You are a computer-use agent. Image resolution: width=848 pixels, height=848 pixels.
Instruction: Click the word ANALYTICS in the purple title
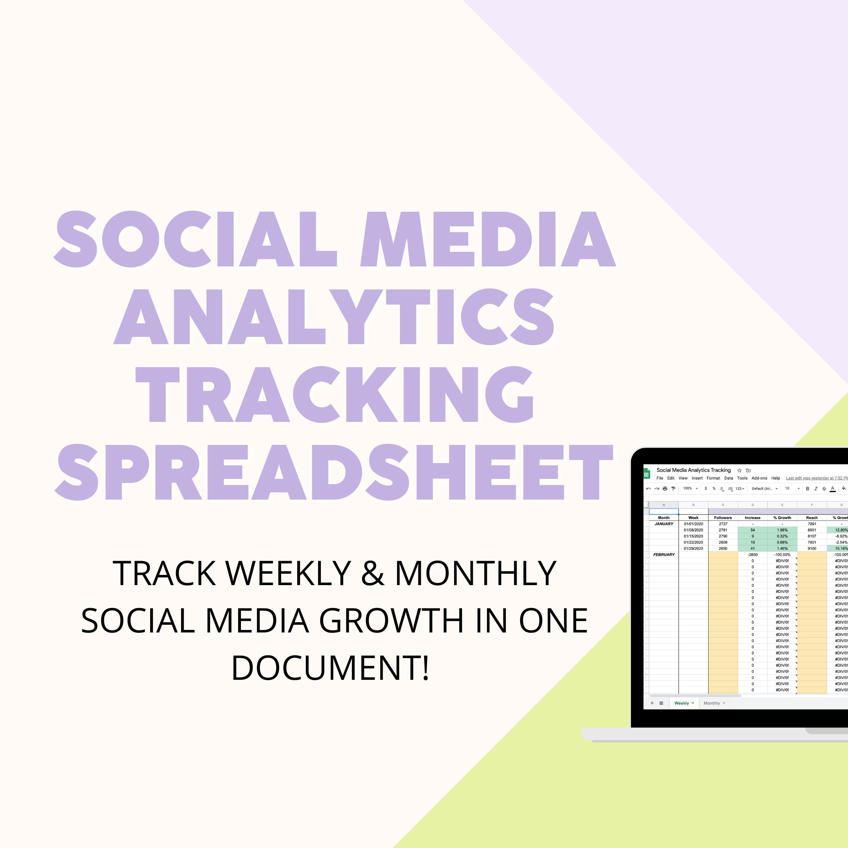pos(334,317)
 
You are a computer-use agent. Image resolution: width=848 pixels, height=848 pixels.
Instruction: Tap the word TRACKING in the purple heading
pos(335,394)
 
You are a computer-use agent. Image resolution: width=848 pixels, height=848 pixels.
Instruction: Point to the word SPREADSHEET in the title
pos(334,472)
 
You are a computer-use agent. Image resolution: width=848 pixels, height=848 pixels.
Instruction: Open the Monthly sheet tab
pos(712,703)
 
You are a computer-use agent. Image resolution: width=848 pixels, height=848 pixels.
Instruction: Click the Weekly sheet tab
pos(682,703)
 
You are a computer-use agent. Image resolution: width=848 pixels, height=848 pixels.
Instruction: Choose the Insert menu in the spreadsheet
pos(697,478)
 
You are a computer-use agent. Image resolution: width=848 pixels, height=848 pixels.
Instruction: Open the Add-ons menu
pos(759,478)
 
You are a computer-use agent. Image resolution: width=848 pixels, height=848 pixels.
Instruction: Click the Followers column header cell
pos(723,518)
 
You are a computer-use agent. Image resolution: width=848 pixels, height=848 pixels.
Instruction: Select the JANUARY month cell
pos(664,524)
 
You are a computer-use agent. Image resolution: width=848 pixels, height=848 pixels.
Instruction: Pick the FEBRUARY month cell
pos(664,554)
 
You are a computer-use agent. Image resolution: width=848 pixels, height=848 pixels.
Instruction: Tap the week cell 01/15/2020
pos(693,536)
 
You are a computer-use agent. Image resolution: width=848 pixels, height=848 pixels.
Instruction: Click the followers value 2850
pos(723,548)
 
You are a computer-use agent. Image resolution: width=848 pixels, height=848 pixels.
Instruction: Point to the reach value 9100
pos(812,548)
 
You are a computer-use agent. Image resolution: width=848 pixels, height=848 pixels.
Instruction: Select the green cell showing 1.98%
pos(782,530)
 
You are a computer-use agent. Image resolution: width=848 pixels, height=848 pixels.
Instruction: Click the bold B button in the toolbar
pos(807,489)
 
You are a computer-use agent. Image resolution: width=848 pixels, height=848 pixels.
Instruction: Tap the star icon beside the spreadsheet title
pos(740,470)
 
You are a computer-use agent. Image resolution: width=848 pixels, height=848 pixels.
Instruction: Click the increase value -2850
pos(752,554)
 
